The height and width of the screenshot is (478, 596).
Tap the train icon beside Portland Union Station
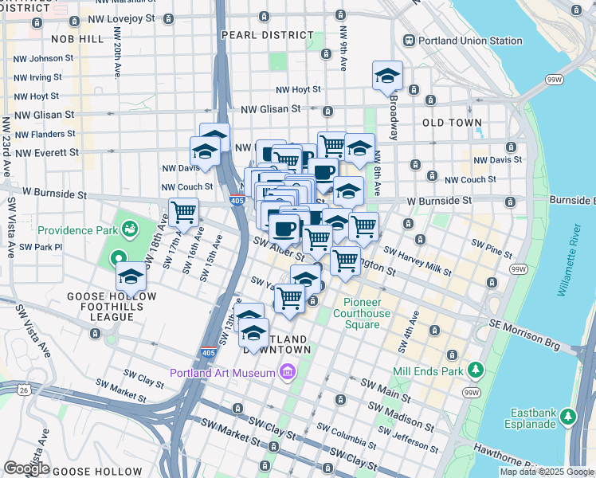410,41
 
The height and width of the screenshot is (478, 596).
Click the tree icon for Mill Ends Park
476,370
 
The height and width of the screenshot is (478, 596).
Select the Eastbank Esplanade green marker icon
567,416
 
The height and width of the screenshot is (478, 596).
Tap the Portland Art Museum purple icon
287,372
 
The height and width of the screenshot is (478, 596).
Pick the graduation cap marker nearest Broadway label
387,76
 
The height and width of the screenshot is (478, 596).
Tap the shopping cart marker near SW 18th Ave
183,213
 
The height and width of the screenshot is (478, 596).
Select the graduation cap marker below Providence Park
131,277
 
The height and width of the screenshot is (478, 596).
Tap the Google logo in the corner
26,469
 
